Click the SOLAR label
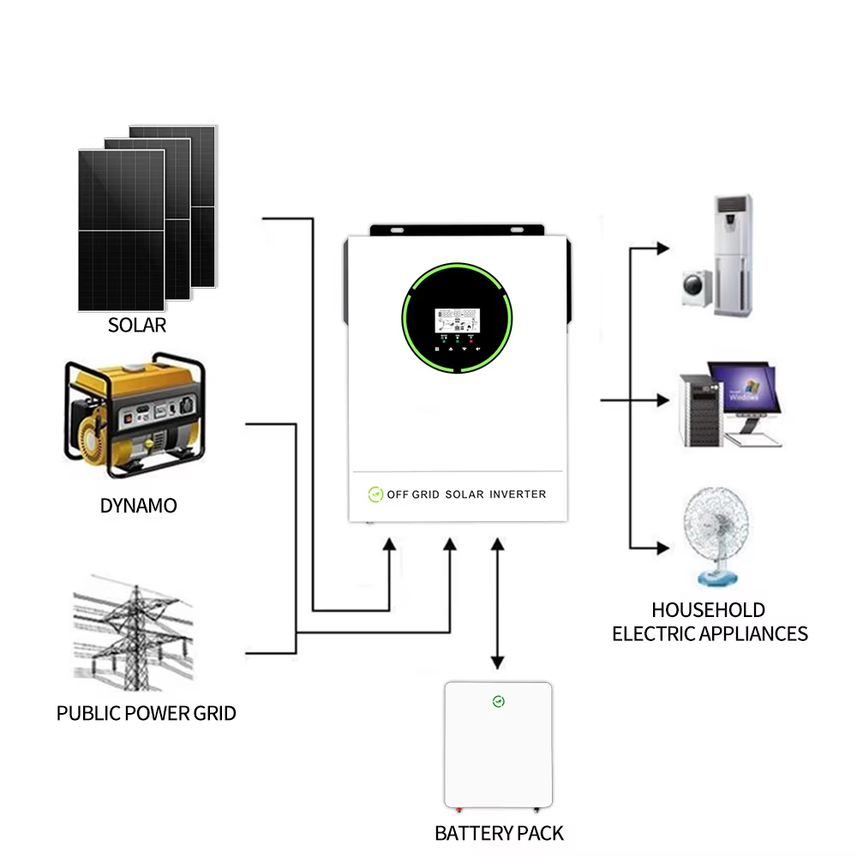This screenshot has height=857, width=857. [x=137, y=326]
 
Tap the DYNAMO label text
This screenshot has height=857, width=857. [x=138, y=506]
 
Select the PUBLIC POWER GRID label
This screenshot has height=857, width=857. [x=146, y=713]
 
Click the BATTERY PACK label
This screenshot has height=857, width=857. [x=499, y=833]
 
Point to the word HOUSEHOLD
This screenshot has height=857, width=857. [x=708, y=610]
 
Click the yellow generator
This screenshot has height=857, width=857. [x=135, y=417]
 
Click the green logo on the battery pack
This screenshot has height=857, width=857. [x=499, y=702]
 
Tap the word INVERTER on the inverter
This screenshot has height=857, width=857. [x=517, y=494]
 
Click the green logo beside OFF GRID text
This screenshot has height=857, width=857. [x=375, y=494]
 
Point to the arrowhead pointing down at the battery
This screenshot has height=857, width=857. [x=496, y=662]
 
